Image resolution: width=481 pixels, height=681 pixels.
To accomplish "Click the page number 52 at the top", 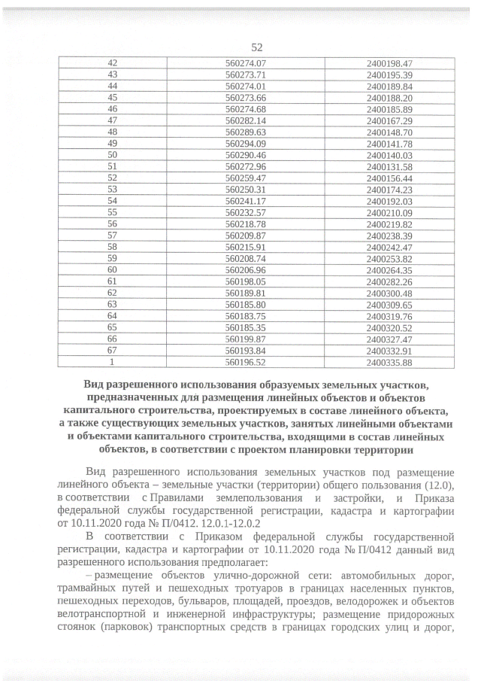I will point(245,47).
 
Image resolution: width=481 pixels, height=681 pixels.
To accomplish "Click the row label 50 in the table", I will point(113,154).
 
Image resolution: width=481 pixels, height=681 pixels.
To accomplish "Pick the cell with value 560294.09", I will point(247,143).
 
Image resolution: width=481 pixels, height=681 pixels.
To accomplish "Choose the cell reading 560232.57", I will point(247,213).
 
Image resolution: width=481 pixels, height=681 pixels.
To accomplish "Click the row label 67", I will point(113,351).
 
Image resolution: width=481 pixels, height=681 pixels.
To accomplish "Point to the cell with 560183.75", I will point(247,316).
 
